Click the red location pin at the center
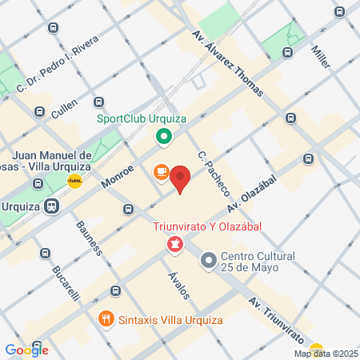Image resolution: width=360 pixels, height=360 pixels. pos(180,179)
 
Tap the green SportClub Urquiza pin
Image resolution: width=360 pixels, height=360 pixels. pos(164,137)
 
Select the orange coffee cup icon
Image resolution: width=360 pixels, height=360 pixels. pos(161,172)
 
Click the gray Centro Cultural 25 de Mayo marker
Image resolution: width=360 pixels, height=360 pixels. pos(209,260)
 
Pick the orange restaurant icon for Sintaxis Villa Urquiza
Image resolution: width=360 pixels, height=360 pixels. pos(106,320)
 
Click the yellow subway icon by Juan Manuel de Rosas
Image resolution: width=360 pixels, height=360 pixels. pos(74,181)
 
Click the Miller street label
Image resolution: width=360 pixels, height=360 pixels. pos(321,54)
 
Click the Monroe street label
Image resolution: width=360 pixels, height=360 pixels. pos(118,172)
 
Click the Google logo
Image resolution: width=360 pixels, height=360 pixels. pos(27,350)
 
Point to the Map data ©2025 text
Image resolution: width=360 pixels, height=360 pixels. pos(325,354)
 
